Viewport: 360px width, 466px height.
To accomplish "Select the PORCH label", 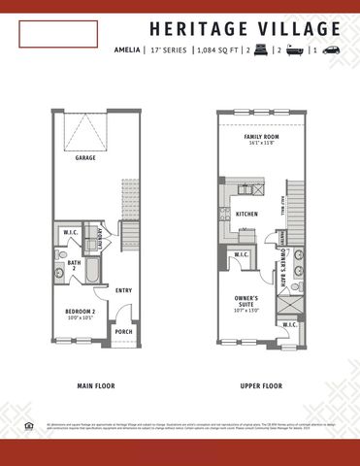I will pyautogui.click(x=123, y=331).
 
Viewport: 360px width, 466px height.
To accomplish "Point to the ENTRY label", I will pyautogui.click(x=123, y=289).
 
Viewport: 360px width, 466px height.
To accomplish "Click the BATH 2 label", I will pyautogui.click(x=74, y=265).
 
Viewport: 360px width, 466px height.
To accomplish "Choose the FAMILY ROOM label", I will pyautogui.click(x=260, y=138).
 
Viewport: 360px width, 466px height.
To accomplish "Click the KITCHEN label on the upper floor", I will pyautogui.click(x=246, y=213).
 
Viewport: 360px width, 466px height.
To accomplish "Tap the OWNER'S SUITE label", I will pyautogui.click(x=245, y=302).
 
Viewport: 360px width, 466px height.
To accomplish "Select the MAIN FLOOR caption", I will pyautogui.click(x=95, y=386).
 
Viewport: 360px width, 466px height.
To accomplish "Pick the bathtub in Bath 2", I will pyautogui.click(x=91, y=269).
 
